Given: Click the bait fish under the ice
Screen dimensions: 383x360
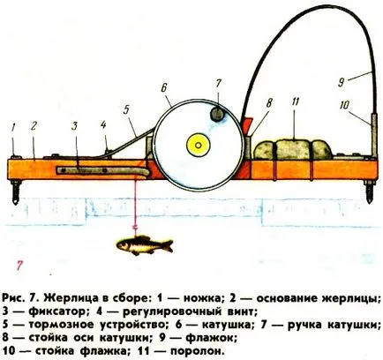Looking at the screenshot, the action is tap(145, 245).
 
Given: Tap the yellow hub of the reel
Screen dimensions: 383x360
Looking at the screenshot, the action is tap(199, 145).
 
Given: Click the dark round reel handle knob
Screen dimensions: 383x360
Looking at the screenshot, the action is tap(217, 115).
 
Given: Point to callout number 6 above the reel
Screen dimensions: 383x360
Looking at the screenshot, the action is tap(164, 88).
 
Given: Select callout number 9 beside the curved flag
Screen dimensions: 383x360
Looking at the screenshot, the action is tap(341, 82).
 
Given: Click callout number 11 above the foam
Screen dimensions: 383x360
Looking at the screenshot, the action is tap(296, 101).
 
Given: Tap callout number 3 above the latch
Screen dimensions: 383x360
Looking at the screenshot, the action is tap(74, 126).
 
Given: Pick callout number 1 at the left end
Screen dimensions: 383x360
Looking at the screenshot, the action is tap(13, 127).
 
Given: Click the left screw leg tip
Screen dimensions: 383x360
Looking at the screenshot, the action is tap(15, 204).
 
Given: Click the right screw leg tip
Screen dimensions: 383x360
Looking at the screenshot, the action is tap(370, 202).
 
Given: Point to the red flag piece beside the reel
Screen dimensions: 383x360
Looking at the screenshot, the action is tap(246, 124).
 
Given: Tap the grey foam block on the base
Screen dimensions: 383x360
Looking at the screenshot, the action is tap(293, 150).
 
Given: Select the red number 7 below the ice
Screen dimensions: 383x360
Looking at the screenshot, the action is tap(19, 266).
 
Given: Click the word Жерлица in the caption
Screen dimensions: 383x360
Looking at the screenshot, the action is tap(70, 299).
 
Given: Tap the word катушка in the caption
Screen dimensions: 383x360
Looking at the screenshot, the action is tap(224, 326).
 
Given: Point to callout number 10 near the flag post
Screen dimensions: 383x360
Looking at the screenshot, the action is tap(343, 105).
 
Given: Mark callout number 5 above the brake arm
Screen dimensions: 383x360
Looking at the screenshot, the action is tap(126, 110).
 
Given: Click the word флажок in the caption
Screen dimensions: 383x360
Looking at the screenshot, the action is tap(211, 339).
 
